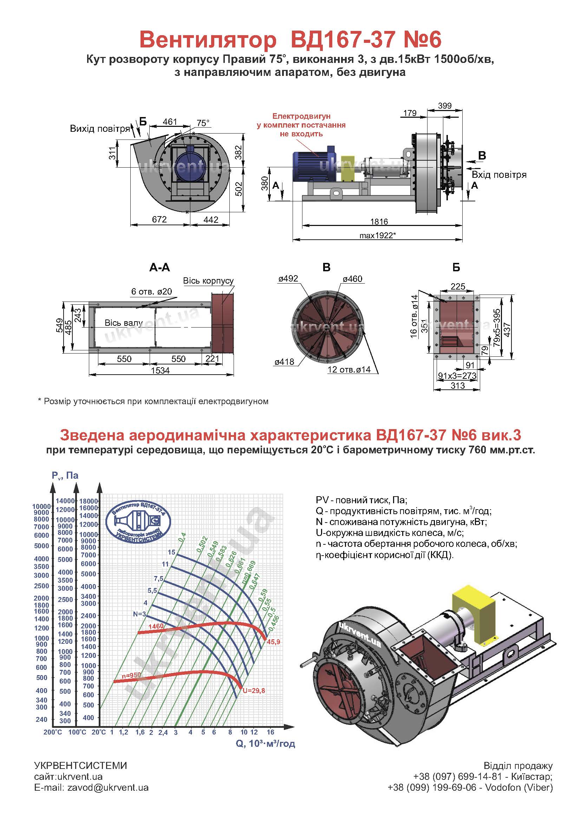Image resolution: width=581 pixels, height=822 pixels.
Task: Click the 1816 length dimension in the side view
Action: (x=379, y=221)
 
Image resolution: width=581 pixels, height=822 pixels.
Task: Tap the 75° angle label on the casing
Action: (x=203, y=123)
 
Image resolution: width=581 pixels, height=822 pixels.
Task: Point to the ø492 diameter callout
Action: (x=288, y=279)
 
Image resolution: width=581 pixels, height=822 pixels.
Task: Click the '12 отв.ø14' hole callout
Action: (x=349, y=369)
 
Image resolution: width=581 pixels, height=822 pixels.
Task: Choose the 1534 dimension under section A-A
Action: (x=160, y=370)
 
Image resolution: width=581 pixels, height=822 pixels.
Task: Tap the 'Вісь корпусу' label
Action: (x=208, y=281)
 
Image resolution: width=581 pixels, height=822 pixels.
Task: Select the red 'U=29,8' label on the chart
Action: (x=254, y=691)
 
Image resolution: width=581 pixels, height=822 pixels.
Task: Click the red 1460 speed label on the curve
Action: (x=156, y=626)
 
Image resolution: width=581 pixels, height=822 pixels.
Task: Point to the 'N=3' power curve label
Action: (x=139, y=614)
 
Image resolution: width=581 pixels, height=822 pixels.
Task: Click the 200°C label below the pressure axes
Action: (x=53, y=732)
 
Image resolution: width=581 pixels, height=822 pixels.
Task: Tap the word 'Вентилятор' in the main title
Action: (x=208, y=39)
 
